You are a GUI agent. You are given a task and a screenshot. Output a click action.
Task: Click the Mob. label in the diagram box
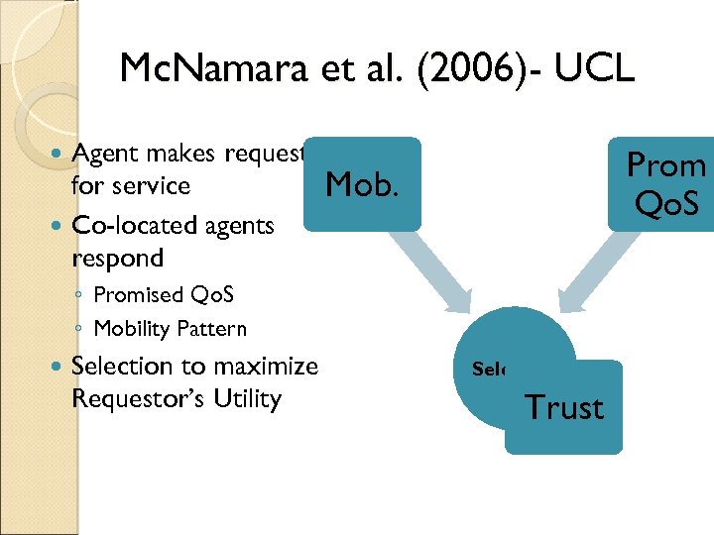pos(362,183)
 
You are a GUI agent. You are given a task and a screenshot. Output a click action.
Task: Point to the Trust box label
pos(564,407)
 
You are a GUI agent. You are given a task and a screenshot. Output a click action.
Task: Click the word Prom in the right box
pos(666,164)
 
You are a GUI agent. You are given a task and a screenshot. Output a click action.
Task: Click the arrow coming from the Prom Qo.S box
pos(586,271)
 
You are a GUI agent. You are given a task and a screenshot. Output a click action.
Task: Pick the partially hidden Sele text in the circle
pos(490,370)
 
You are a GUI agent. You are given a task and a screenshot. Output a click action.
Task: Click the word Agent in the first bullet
pos(106,154)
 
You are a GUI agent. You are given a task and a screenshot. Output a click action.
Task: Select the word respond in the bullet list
pos(117,258)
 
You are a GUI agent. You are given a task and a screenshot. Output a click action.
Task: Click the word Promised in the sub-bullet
pos(138,295)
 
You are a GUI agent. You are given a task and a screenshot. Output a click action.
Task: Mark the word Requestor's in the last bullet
pos(141,399)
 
